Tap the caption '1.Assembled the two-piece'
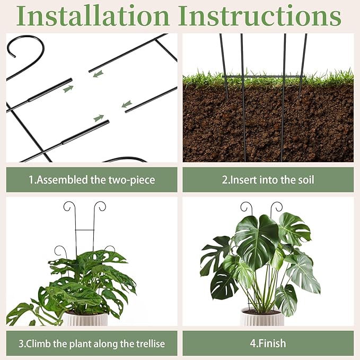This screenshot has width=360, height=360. coord(92,180)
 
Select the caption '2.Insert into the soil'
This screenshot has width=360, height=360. coord(268,180)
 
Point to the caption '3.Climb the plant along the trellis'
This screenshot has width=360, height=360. coord(92,344)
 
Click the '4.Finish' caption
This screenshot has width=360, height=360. coord(268,344)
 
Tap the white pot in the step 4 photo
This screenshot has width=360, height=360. coord(261,317)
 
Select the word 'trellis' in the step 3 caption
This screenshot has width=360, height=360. coord(150,344)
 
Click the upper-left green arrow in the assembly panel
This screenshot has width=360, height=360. coord(68,89)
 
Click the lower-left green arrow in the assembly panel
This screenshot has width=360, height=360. coord(99,118)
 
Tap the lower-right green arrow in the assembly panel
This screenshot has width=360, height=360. coord(127,104)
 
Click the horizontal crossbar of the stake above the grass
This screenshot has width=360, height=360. coord(263,77)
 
